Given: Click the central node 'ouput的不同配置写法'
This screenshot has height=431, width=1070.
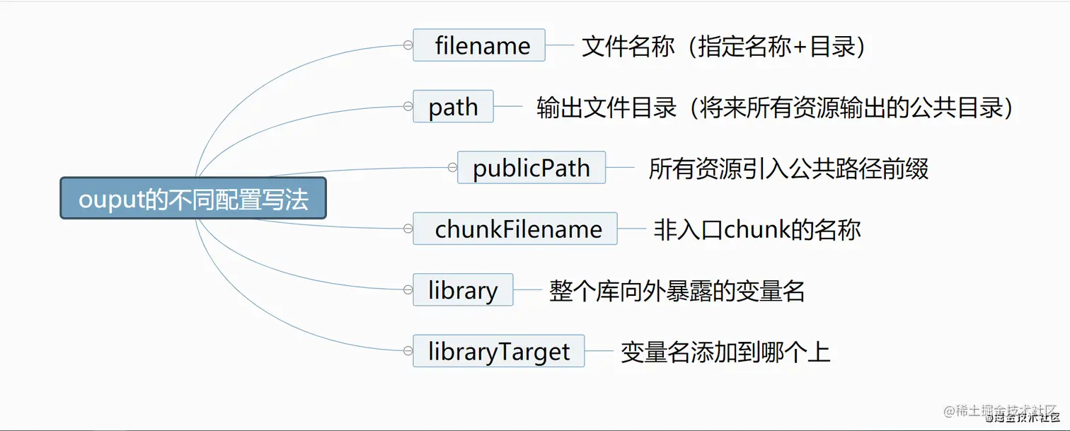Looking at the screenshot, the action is click(x=193, y=198).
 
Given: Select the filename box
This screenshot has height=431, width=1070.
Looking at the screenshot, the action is click(x=479, y=45).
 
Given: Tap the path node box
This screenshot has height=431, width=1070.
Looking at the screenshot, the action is click(x=454, y=106).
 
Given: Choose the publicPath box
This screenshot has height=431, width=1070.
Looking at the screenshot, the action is click(x=531, y=167).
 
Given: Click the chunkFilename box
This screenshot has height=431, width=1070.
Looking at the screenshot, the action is click(x=515, y=229).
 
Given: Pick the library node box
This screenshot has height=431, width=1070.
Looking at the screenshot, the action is click(x=464, y=289).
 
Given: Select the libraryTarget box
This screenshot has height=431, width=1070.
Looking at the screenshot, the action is click(x=499, y=351).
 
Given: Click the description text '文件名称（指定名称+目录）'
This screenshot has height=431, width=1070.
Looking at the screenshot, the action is click(x=724, y=46).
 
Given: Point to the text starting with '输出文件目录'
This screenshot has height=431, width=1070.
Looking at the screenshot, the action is click(x=774, y=108).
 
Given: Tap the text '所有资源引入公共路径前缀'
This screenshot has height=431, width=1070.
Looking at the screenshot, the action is click(x=788, y=168).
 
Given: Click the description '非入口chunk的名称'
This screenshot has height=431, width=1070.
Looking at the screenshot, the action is click(x=757, y=230).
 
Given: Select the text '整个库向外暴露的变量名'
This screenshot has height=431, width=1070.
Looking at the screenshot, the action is click(x=677, y=291).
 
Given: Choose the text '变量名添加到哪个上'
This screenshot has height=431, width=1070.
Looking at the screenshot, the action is click(x=725, y=352).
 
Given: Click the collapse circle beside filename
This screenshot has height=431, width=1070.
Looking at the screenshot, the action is click(x=408, y=45).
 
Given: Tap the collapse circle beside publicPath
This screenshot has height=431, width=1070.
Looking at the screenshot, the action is click(x=452, y=167).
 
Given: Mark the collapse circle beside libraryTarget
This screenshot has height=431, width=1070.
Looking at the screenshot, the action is click(x=408, y=351).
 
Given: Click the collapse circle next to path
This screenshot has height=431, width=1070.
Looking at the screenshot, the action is click(x=408, y=106).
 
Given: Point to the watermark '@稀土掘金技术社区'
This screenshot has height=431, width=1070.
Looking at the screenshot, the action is click(x=1001, y=411).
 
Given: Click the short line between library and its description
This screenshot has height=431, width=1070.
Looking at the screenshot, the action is click(x=527, y=289).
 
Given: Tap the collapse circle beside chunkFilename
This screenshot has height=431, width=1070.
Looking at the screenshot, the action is click(x=408, y=229).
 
